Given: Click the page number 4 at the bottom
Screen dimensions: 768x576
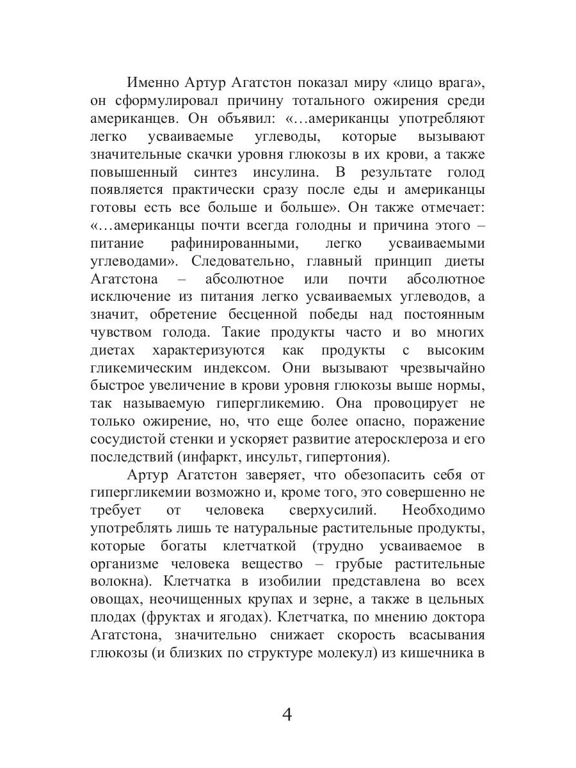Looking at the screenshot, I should [x=287, y=714].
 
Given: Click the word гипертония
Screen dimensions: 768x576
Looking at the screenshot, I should [x=347, y=458].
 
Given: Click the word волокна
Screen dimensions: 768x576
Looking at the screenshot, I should [x=120, y=582].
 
